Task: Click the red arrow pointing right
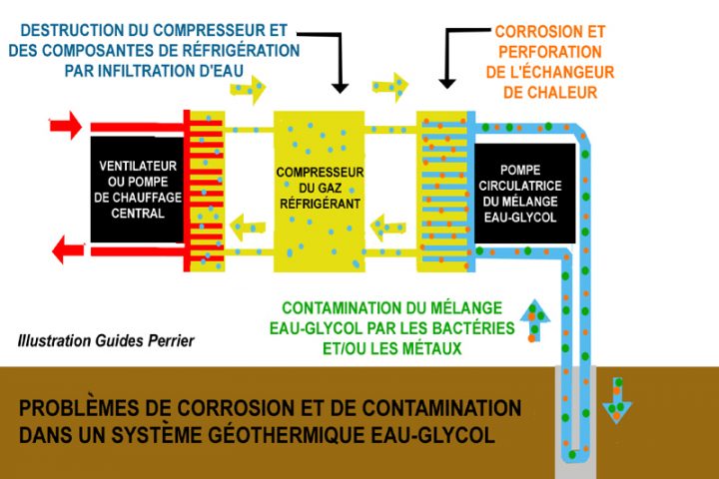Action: click(x=65, y=127)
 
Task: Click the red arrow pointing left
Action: click(x=66, y=247)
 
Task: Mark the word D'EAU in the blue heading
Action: click(x=228, y=72)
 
